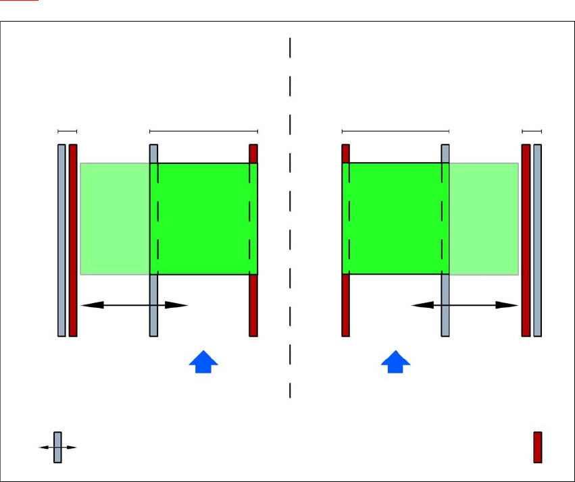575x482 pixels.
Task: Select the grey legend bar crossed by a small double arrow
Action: tap(57, 447)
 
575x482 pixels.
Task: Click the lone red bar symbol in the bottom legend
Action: tap(538, 447)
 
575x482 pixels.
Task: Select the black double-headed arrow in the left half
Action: tap(134, 305)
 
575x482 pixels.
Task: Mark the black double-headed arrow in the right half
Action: tap(465, 305)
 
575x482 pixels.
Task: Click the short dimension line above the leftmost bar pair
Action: tap(68, 131)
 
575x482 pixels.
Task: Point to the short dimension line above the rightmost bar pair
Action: tap(532, 131)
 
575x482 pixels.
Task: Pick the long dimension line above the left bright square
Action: tap(203, 131)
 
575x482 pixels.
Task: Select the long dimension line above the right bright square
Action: tap(395, 131)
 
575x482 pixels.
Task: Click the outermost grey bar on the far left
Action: tap(61, 240)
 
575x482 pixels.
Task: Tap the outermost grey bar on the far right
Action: tap(538, 240)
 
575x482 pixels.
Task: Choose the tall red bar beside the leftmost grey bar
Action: tap(73, 240)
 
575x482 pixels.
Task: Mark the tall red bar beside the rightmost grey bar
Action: tap(526, 240)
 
